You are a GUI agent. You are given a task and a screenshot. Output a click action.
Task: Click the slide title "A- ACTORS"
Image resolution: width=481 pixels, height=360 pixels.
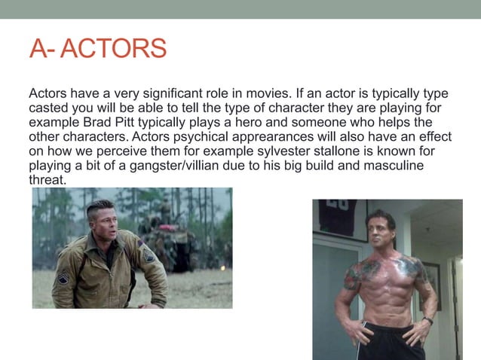pyautogui.click(x=97, y=48)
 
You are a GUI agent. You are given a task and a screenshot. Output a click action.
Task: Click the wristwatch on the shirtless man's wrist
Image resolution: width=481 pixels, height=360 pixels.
pyautogui.click(x=427, y=322)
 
